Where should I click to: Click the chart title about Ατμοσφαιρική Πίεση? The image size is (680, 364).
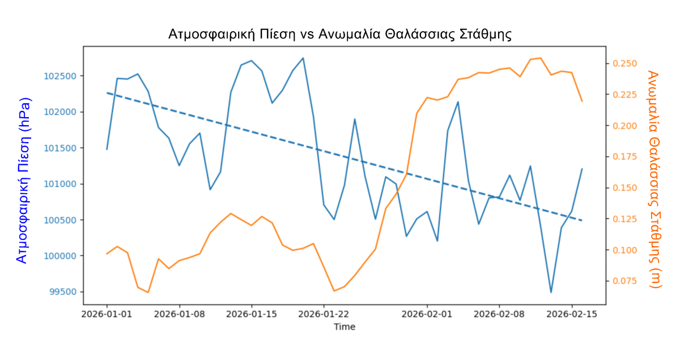point(340,34)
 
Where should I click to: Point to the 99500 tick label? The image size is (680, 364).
point(63,292)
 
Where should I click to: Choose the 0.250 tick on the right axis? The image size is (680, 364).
point(626,63)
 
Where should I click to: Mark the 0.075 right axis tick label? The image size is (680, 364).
point(626,281)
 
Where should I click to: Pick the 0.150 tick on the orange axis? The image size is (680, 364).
point(626,188)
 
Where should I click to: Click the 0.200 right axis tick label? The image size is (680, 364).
point(626,126)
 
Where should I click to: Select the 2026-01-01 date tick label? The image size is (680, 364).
point(107,314)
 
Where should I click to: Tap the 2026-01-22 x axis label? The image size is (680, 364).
point(324,314)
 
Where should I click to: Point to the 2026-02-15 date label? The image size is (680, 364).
point(572,314)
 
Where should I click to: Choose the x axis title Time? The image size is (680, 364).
point(345,327)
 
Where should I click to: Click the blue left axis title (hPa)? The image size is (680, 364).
point(22,180)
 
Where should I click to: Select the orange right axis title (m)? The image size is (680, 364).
point(654,179)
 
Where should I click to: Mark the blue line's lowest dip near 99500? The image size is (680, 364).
point(551,292)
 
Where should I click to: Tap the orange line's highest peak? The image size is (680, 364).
point(541,58)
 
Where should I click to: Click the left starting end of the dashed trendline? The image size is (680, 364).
point(107,92)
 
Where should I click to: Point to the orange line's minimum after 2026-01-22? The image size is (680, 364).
point(334,291)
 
